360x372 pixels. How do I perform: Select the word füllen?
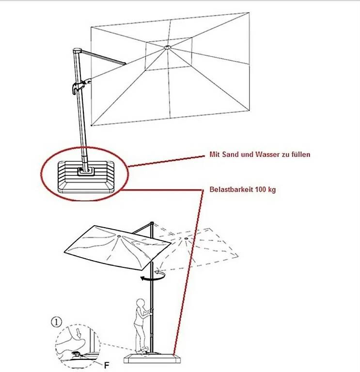pos(300,155)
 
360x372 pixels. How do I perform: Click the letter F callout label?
pos(107,365)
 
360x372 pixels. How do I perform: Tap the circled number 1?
pos(56,323)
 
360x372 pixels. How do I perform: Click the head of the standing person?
pos(141,304)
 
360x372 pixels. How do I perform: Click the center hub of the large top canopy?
pos(167,47)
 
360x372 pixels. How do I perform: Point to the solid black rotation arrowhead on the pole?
pos(142,279)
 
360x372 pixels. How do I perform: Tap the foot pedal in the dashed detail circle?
pos(78,355)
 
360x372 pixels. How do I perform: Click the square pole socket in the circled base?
pos(86,171)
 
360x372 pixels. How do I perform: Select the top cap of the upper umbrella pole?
pos(77,51)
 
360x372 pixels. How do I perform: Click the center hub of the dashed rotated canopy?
pos(186,238)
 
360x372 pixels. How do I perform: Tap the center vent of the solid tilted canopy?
pos(118,236)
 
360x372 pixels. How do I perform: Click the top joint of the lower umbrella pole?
pos(152,223)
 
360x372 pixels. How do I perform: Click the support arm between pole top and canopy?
pos(104,57)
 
